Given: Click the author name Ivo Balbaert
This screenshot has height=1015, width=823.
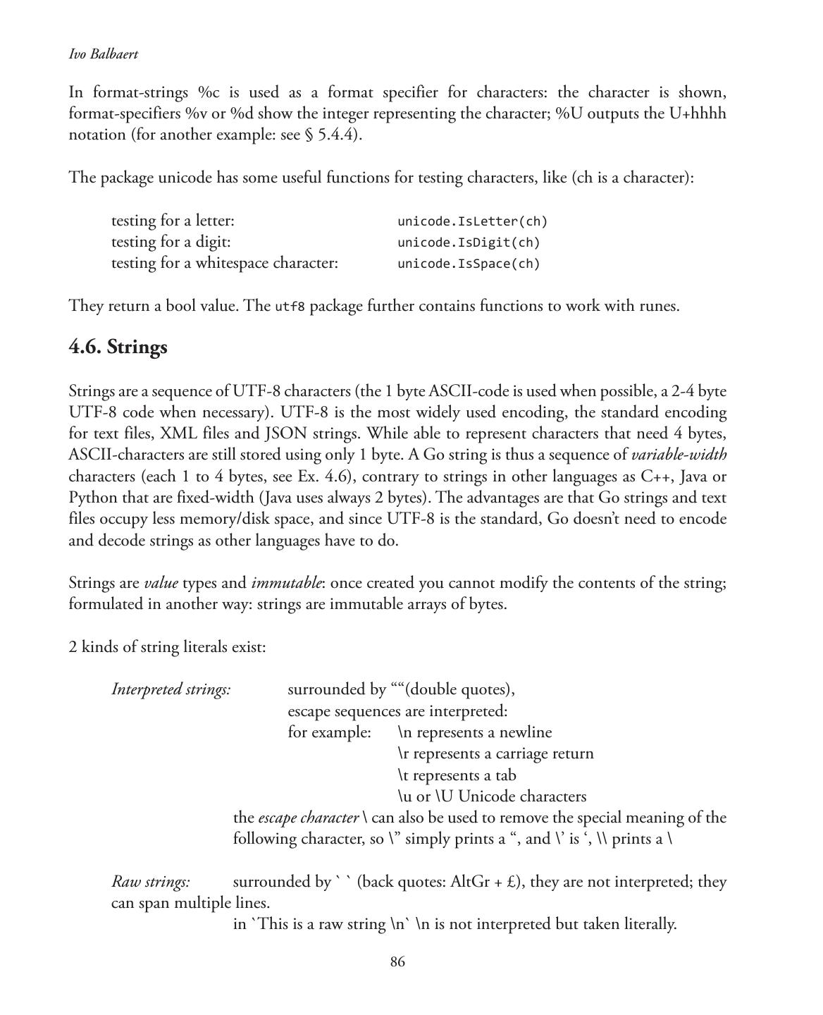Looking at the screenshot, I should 103,54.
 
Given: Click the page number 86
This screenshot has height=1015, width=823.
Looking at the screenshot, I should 397,962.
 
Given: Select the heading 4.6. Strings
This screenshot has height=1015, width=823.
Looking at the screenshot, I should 118,347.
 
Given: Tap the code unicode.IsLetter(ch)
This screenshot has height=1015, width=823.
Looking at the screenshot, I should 472,221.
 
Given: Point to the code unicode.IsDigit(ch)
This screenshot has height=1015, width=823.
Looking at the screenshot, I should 469,242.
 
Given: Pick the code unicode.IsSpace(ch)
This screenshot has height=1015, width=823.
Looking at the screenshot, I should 469,264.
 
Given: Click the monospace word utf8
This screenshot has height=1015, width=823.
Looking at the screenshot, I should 290,307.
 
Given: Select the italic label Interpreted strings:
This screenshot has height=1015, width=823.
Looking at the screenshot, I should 171,689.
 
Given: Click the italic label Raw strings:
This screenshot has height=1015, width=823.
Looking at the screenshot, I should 151,882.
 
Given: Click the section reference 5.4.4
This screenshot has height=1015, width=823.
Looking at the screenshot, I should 338,135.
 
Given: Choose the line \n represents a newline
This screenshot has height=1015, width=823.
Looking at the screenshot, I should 474,732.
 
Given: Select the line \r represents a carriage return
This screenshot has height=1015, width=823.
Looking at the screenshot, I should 495,753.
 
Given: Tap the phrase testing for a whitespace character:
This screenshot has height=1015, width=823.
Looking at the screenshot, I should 225,263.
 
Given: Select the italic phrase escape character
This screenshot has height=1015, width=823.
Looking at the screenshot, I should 309,818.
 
